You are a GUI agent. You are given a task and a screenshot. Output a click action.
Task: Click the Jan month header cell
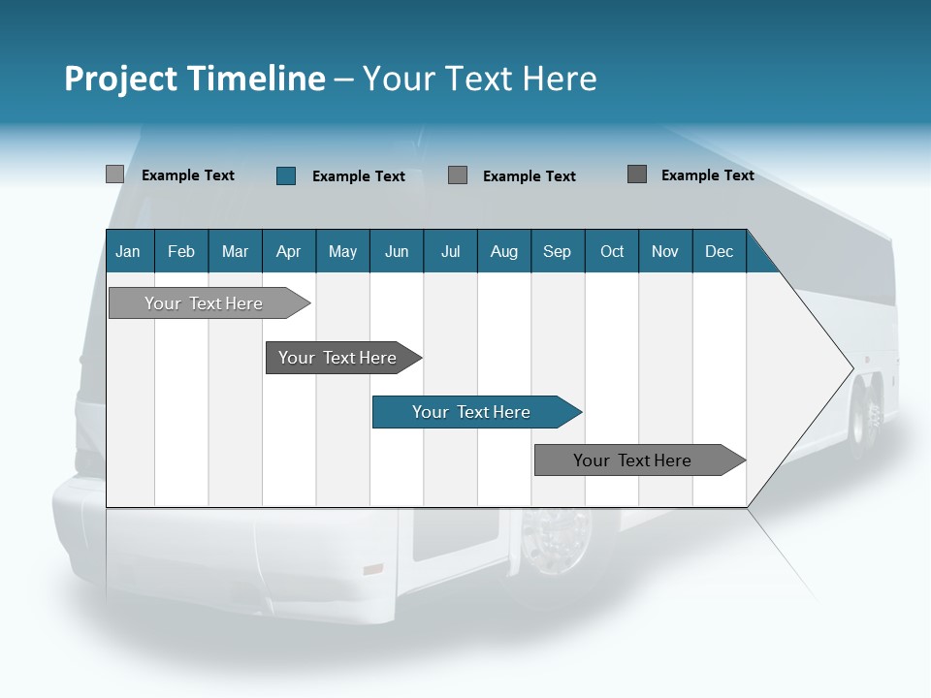pyautogui.click(x=129, y=251)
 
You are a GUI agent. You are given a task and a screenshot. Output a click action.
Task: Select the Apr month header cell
pyautogui.click(x=288, y=251)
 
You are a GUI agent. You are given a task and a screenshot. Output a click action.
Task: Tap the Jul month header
pyautogui.click(x=450, y=251)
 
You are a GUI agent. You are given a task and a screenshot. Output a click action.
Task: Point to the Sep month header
pyautogui.click(x=557, y=251)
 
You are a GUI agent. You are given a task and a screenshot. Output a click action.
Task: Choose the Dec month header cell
pyautogui.click(x=719, y=251)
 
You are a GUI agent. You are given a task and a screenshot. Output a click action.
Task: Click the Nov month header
pyautogui.click(x=664, y=251)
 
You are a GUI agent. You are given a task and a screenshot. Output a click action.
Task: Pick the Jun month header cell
pyautogui.click(x=396, y=251)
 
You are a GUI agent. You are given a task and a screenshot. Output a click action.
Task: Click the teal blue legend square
pyautogui.click(x=285, y=175)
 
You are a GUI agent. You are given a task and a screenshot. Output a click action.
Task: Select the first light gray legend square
pyautogui.click(x=114, y=174)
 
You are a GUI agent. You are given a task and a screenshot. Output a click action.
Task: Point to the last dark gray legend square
pyautogui.click(x=637, y=174)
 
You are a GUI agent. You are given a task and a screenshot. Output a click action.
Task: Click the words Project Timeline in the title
pyautogui.click(x=194, y=79)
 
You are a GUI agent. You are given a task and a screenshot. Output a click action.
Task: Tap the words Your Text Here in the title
pyautogui.click(x=480, y=79)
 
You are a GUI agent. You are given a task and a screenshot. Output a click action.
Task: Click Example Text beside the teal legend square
pyautogui.click(x=358, y=176)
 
